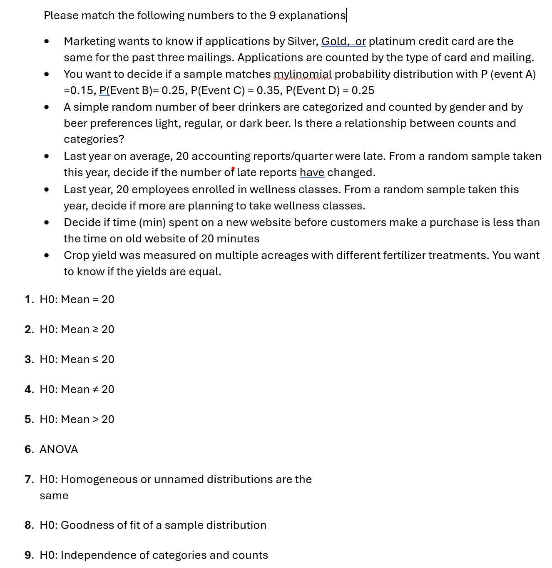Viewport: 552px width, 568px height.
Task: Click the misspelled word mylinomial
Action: pyautogui.click(x=303, y=74)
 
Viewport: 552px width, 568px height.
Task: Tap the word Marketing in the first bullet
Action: pyautogui.click(x=90, y=41)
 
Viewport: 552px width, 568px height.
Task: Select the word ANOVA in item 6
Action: pyautogui.click(x=59, y=449)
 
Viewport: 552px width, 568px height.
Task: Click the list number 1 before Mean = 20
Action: pyautogui.click(x=28, y=299)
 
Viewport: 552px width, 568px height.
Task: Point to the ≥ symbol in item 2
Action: pyautogui.click(x=95, y=329)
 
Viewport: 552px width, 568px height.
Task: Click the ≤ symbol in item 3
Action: pyautogui.click(x=95, y=359)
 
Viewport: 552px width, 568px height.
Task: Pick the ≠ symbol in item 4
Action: pyautogui.click(x=95, y=389)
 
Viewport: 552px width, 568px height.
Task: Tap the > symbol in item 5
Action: pyautogui.click(x=95, y=419)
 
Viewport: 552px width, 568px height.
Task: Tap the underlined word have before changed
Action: pyautogui.click(x=312, y=172)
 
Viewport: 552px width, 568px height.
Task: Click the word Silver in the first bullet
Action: pyautogui.click(x=303, y=41)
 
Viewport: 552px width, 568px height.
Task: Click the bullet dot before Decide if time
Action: pyautogui.click(x=46, y=222)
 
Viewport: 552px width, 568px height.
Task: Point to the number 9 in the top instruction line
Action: pyautogui.click(x=273, y=15)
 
